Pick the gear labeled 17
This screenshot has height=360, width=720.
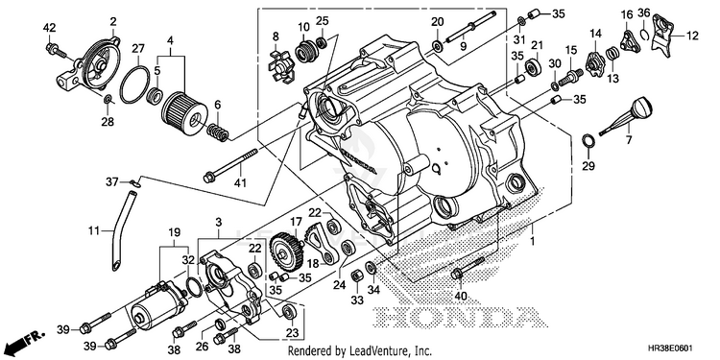pos(285,252)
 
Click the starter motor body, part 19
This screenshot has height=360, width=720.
pos(158,305)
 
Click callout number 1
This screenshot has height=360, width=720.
pos(532,241)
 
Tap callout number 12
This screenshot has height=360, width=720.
pos(692,36)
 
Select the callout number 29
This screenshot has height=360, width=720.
pos(588,166)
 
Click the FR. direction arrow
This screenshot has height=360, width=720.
pos(26,340)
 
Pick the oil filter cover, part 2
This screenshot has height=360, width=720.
pos(94,62)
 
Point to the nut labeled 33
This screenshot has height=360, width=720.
pos(357,276)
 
